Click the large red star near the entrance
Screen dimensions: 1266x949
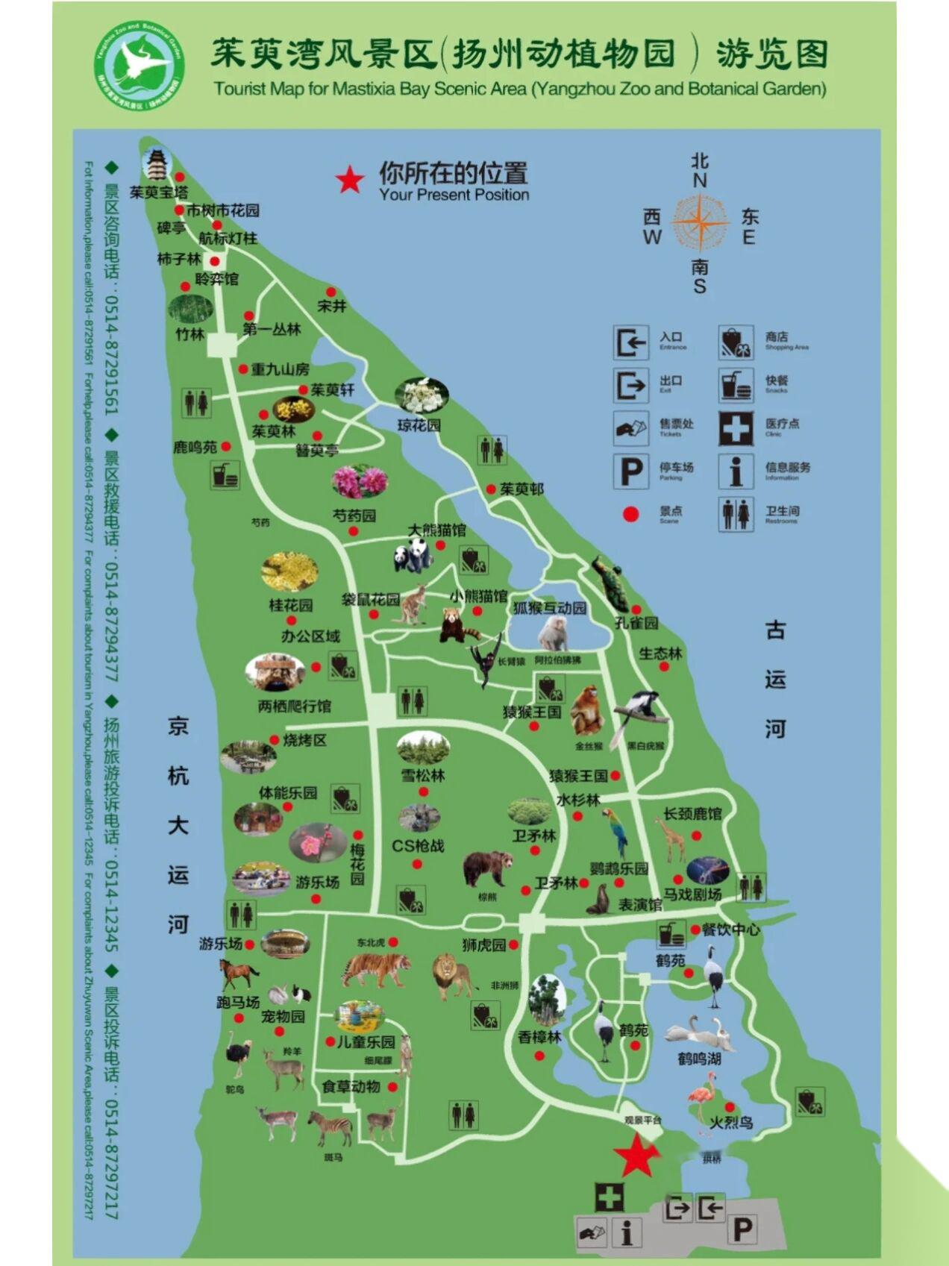[636, 1157]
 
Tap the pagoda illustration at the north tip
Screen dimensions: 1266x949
[157, 164]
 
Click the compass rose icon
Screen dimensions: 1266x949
[699, 222]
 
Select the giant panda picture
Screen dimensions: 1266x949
[412, 556]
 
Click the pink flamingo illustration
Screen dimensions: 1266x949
[701, 1096]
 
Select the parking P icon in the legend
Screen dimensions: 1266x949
[630, 471]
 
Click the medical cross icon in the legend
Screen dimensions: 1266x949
[736, 428]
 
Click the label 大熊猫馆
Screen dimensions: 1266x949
[437, 530]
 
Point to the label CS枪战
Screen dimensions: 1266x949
[418, 846]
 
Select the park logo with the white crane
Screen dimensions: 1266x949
[139, 66]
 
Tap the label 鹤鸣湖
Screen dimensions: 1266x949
[699, 1059]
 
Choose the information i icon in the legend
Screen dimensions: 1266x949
[736, 471]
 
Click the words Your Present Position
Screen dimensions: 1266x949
[454, 195]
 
